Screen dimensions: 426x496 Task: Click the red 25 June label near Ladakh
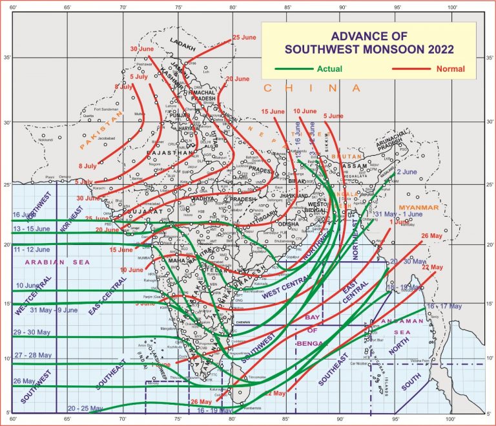tap(245, 37)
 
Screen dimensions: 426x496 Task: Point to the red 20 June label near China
tap(237, 79)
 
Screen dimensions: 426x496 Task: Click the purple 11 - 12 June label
tap(31, 249)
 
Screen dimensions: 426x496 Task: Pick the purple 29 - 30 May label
tap(30, 332)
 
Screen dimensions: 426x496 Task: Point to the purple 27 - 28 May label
tap(30, 355)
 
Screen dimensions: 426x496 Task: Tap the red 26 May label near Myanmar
tap(431, 235)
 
